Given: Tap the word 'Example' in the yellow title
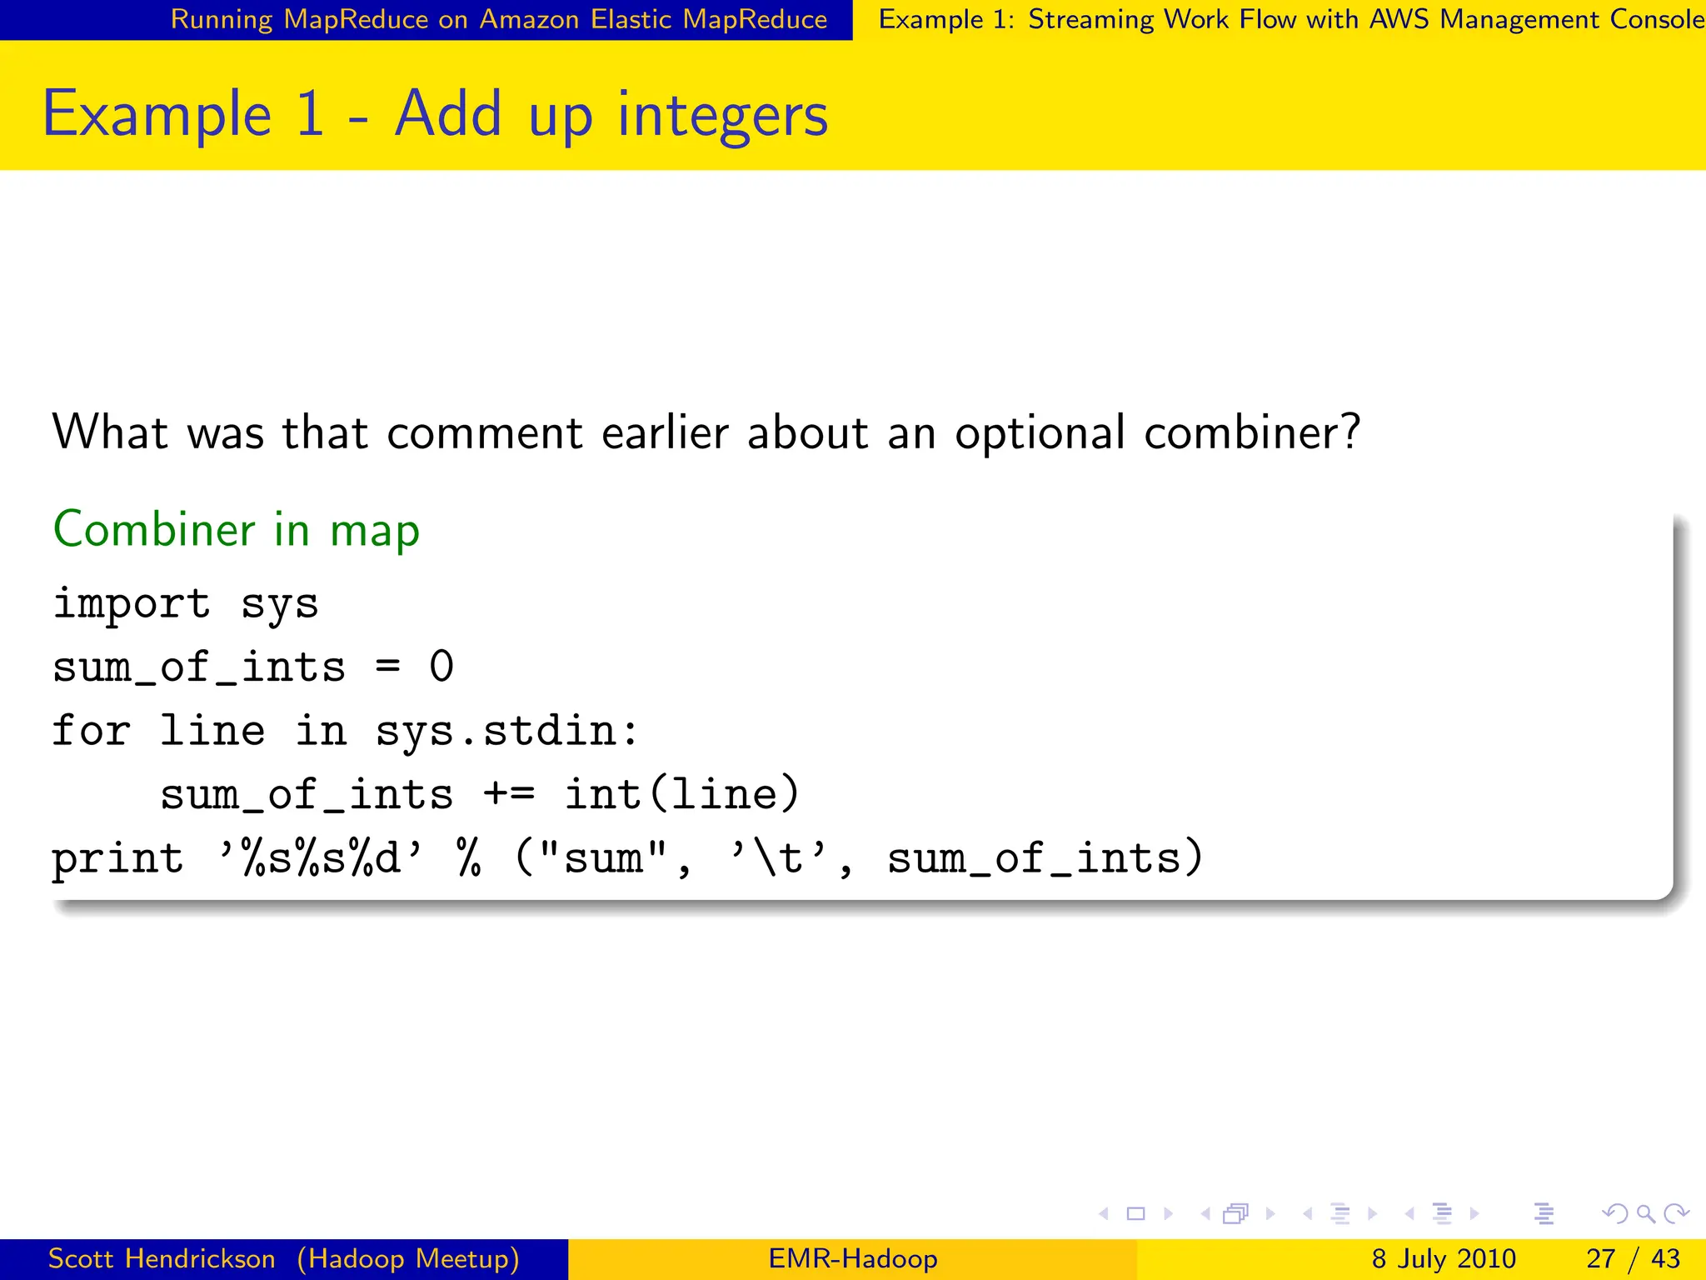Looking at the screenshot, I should pyautogui.click(x=157, y=115).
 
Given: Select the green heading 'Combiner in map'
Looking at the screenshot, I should pyautogui.click(x=237, y=530).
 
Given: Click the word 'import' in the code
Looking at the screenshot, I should pyautogui.click(x=132, y=603).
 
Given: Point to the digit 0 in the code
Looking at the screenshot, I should pyautogui.click(x=441, y=667).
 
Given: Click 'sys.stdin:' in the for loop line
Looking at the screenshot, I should pyautogui.click(x=507, y=731).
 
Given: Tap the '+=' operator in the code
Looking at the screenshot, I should pyautogui.click(x=508, y=794).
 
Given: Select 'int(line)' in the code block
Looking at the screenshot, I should pyautogui.click(x=682, y=794).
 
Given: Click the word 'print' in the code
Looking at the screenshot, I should pyautogui.click(x=117, y=858).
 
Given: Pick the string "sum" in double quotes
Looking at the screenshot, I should pyautogui.click(x=604, y=858).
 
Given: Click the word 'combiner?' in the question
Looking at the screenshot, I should pyautogui.click(x=1252, y=433).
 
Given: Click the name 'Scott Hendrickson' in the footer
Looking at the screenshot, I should pyautogui.click(x=162, y=1258).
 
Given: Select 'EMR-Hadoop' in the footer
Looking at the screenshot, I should pyautogui.click(x=853, y=1258).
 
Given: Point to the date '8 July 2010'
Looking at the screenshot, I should pyautogui.click(x=1444, y=1258).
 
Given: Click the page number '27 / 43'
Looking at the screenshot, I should pyautogui.click(x=1633, y=1258).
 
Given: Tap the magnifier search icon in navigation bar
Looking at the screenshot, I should pyautogui.click(x=1645, y=1213).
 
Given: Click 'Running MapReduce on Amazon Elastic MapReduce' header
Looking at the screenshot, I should pyautogui.click(x=499, y=19).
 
